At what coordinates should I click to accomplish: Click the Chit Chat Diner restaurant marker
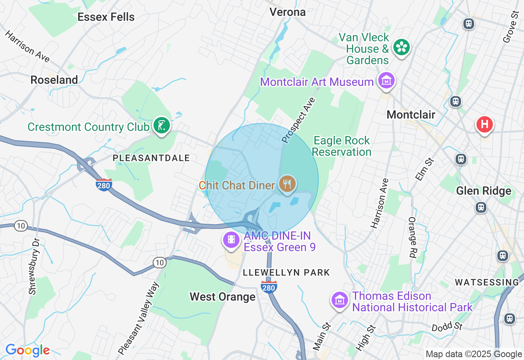click(x=287, y=184)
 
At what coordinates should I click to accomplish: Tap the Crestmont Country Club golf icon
click(x=161, y=126)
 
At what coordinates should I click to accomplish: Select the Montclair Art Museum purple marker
click(x=386, y=81)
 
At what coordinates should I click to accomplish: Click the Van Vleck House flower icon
click(x=402, y=47)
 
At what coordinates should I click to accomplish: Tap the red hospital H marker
click(x=485, y=124)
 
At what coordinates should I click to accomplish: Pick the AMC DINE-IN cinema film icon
click(x=231, y=239)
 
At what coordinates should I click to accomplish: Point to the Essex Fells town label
click(x=106, y=17)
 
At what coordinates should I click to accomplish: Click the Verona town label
click(x=287, y=12)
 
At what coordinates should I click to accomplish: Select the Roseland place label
click(x=54, y=80)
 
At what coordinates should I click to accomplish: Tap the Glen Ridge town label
click(x=483, y=191)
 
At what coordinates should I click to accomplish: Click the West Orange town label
click(x=222, y=297)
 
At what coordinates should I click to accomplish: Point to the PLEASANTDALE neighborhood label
click(x=151, y=158)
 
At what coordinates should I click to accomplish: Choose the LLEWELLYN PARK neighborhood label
click(x=286, y=272)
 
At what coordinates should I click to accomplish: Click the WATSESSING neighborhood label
click(x=487, y=282)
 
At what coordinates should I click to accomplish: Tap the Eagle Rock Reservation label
click(x=341, y=146)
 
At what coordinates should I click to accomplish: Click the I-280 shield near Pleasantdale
click(x=104, y=185)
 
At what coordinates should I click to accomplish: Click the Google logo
click(x=27, y=350)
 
